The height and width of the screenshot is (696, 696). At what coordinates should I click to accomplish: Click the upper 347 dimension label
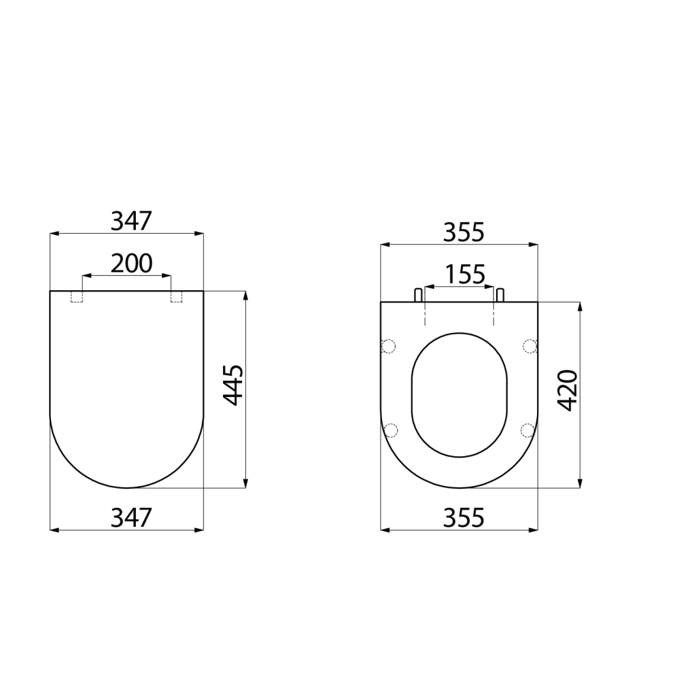pos(131,221)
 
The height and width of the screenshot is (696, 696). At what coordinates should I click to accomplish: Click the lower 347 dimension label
pos(131,517)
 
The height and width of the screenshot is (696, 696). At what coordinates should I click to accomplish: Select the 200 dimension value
pos(131,264)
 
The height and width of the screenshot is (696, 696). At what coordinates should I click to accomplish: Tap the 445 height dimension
pos(234,385)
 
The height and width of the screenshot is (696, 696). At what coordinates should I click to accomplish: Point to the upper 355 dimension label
pos(464,232)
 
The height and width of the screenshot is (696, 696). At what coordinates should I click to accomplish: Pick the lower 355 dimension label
pos(464,517)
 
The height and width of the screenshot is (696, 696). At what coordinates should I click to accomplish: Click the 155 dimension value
pos(465,275)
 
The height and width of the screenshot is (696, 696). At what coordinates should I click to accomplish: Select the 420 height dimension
pos(568,390)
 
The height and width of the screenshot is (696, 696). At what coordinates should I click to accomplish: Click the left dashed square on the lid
pos(77,296)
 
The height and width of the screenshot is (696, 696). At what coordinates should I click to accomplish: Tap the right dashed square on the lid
pos(176,296)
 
